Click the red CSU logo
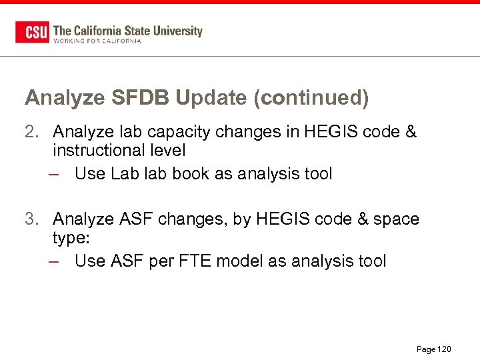coord(32,32)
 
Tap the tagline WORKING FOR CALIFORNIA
coord(97,41)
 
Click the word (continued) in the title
coord(311,98)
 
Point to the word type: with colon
coord(70,238)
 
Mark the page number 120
coord(444,349)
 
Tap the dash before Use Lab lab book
coord(57,175)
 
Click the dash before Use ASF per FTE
coord(57,261)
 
